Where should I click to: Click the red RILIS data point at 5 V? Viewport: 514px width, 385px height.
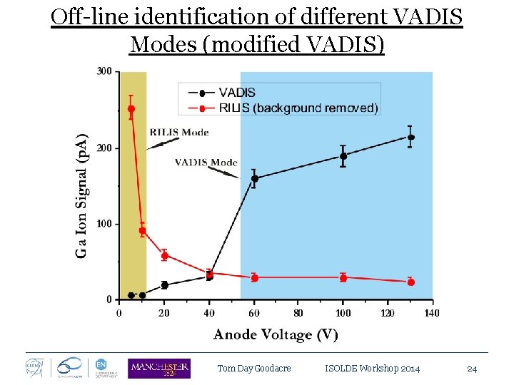[131, 109]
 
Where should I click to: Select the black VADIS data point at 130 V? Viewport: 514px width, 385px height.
[410, 138]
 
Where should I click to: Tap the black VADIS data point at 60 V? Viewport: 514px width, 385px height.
[254, 179]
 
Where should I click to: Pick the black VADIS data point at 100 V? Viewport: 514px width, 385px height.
[343, 156]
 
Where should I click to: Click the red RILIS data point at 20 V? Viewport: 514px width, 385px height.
[165, 256]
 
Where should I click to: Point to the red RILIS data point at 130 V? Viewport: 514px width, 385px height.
[410, 282]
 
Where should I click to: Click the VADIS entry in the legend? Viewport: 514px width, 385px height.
[236, 93]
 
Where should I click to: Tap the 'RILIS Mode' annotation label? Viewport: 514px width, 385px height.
[179, 132]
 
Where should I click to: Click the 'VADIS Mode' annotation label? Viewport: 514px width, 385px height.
[206, 163]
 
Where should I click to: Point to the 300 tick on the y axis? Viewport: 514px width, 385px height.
[104, 71]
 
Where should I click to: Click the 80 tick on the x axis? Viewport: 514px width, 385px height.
[298, 312]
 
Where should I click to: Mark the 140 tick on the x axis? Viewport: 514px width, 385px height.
[432, 312]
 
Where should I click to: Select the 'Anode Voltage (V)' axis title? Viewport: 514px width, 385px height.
[276, 334]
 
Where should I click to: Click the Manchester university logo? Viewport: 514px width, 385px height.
[158, 368]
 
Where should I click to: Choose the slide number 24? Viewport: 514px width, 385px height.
[471, 369]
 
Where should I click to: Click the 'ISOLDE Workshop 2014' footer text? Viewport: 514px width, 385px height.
[372, 369]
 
